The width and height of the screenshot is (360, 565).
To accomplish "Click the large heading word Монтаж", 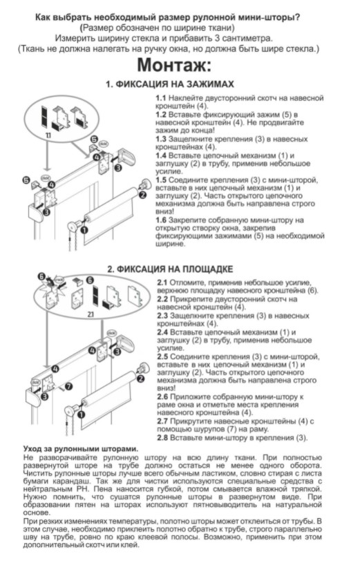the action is tap(174, 65).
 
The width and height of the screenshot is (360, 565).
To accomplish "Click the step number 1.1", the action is tap(161, 98).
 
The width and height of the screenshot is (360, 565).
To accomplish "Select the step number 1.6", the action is tap(161, 220).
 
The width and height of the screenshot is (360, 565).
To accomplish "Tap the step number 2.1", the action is tap(162, 282).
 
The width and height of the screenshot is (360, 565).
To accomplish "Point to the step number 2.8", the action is tap(162, 438).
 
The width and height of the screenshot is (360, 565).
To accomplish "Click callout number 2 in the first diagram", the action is tap(142, 195).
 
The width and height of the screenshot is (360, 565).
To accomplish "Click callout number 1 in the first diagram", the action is tap(84, 229).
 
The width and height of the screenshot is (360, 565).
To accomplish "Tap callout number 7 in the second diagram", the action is tap(68, 387).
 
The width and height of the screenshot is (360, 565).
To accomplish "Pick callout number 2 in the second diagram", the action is tap(140, 379).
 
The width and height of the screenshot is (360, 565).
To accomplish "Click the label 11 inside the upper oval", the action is tap(48, 135).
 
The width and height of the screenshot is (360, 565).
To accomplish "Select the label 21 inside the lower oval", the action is tap(91, 314).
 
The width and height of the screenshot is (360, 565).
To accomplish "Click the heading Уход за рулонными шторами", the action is tap(81, 449).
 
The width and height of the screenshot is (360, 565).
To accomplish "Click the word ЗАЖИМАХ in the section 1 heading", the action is tap(210, 84).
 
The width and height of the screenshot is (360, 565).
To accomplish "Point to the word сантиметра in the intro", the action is tap(248, 38).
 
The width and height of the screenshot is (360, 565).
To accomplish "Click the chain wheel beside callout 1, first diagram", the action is tap(73, 228).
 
